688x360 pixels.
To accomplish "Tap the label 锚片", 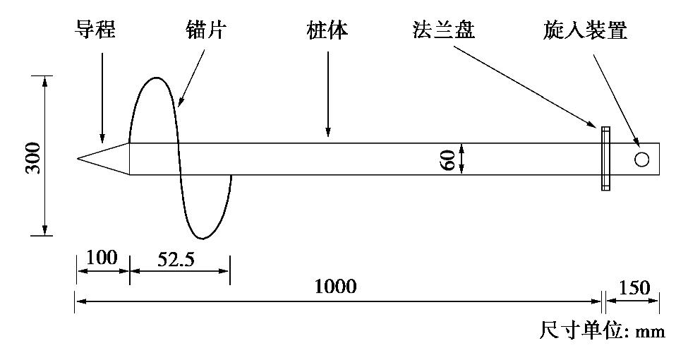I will click(x=205, y=32).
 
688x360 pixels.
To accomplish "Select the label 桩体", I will click(x=327, y=32).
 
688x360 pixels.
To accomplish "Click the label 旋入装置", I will click(x=585, y=32).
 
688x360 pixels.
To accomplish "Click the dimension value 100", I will click(x=101, y=258).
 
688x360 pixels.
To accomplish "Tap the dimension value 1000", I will click(x=336, y=287).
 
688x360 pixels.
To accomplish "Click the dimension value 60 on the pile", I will click(x=447, y=158).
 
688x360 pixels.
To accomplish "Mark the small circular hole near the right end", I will click(x=641, y=159).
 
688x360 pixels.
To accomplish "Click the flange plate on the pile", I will click(x=605, y=159).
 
